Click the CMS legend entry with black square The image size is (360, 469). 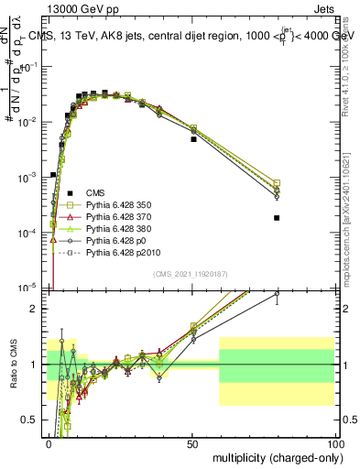pyautogui.click(x=95, y=193)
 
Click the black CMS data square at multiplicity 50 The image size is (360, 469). pyautogui.click(x=193, y=139)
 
